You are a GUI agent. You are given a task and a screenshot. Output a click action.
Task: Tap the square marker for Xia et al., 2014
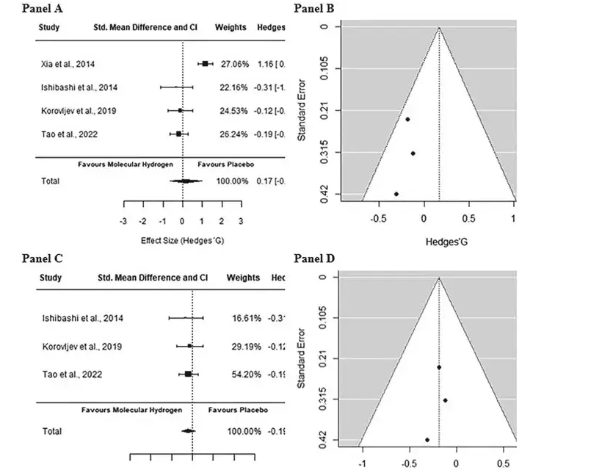205,64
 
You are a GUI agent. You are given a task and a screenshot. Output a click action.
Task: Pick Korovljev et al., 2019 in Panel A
79,111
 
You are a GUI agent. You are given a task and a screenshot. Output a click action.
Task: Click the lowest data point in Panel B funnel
396,194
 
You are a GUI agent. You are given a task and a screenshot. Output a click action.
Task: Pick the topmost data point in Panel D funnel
439,367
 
